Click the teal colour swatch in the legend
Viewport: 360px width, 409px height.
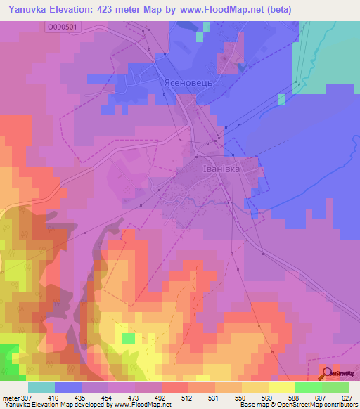point(41,387)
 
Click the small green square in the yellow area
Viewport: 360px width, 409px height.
point(128,338)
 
